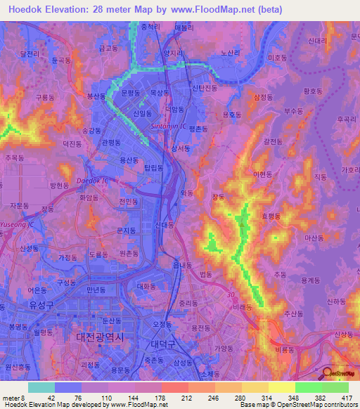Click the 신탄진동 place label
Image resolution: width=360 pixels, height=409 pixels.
point(206,88)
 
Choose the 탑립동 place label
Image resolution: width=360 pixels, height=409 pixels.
point(153,167)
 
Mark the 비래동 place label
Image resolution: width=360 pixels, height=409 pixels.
point(244,307)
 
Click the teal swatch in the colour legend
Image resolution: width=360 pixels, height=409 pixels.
point(41,387)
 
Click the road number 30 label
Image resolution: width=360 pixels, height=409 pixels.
point(231,294)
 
